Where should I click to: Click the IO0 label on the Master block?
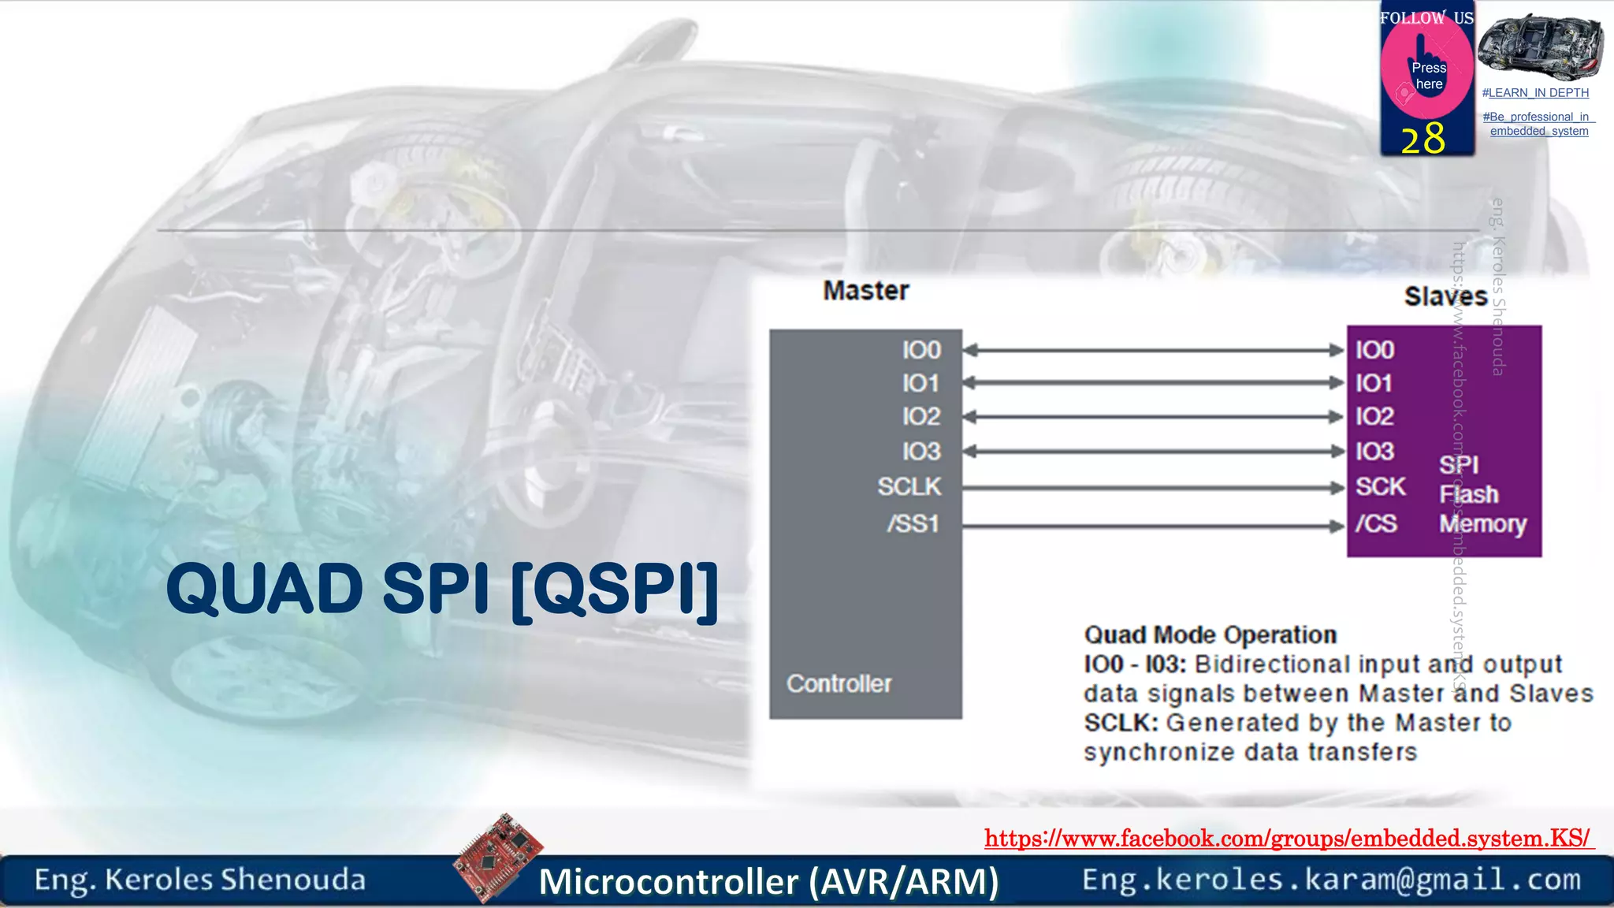(921, 350)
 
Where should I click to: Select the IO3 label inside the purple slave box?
(1374, 452)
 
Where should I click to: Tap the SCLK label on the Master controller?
(909, 487)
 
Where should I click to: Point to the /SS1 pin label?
(913, 523)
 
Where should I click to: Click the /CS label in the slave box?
(1376, 523)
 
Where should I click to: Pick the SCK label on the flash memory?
(1380, 487)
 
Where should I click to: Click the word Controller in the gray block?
(839, 683)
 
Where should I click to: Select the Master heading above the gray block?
(866, 291)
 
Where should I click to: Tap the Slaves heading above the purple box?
(1445, 296)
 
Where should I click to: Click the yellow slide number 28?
(1423, 139)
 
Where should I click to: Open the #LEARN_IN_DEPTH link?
(1535, 93)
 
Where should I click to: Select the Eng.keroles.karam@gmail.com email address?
(1331, 880)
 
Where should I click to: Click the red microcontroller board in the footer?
(499, 856)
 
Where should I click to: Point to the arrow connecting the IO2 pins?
(1154, 416)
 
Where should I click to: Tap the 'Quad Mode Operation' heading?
(1210, 634)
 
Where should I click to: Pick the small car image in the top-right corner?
(1540, 45)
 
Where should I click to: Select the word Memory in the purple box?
(1482, 524)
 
